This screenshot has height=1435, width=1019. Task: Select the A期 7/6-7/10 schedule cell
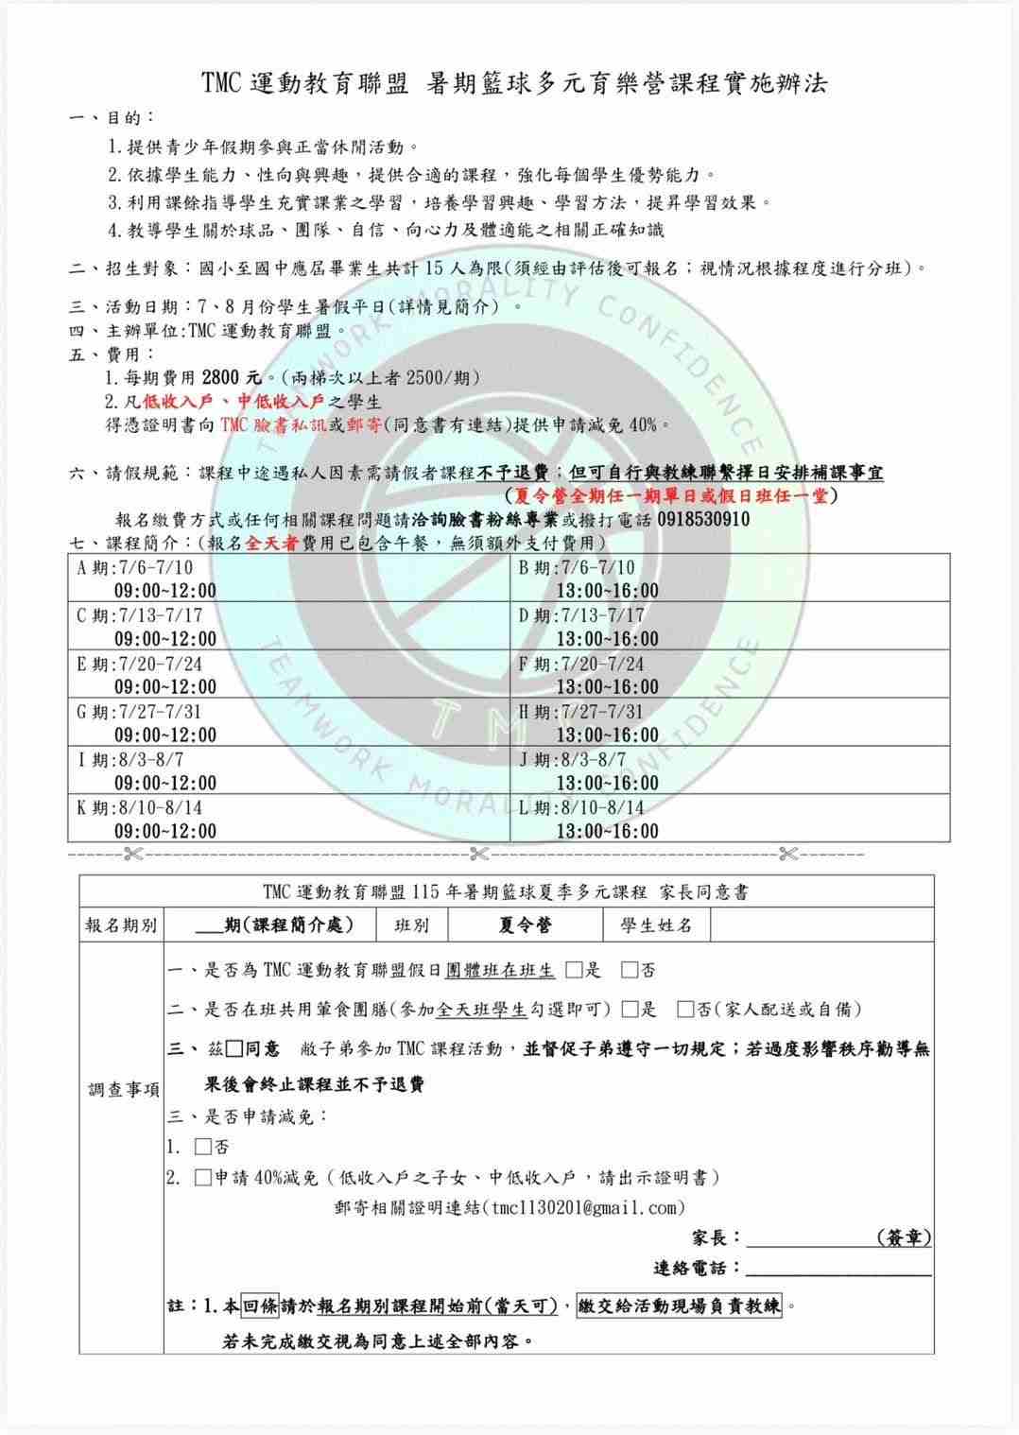pyautogui.click(x=288, y=579)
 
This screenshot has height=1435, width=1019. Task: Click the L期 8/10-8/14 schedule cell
pyautogui.click(x=730, y=819)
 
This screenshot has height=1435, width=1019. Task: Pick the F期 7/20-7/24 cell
pyautogui.click(x=730, y=675)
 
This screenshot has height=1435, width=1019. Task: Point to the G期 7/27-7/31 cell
pyautogui.click(x=288, y=723)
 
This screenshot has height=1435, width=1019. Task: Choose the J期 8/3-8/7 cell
pyautogui.click(x=730, y=771)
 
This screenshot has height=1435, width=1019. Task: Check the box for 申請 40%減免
pyautogui.click(x=203, y=1178)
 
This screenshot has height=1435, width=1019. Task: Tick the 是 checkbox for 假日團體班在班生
pyautogui.click(x=574, y=970)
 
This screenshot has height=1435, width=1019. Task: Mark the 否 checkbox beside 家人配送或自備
pyautogui.click(x=686, y=1009)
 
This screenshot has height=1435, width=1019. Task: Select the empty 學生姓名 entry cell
pyautogui.click(x=821, y=925)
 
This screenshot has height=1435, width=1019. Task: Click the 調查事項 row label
pyautogui.click(x=122, y=1090)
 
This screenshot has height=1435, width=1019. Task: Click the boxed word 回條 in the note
pyautogui.click(x=259, y=1306)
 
